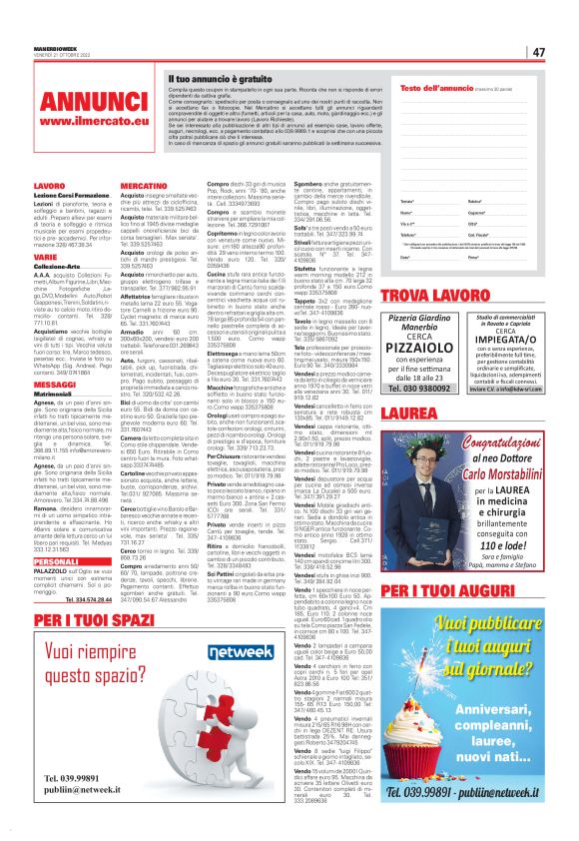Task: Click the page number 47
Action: (x=538, y=52)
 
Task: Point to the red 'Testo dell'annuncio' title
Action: (x=434, y=89)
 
